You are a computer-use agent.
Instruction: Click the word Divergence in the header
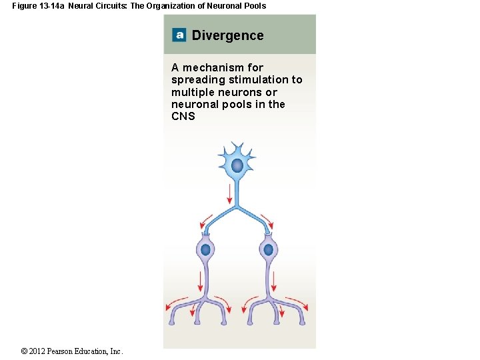(x=227, y=35)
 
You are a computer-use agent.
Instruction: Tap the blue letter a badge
(x=179, y=35)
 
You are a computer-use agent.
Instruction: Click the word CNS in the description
(x=183, y=117)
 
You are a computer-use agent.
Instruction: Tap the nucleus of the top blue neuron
(x=237, y=165)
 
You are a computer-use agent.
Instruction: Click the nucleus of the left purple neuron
(x=205, y=250)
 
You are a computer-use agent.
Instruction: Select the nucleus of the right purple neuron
(x=268, y=250)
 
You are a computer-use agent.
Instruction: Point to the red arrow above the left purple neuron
(x=207, y=220)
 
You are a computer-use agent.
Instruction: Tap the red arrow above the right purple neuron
(x=267, y=220)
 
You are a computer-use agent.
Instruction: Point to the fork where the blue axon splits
(x=237, y=207)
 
